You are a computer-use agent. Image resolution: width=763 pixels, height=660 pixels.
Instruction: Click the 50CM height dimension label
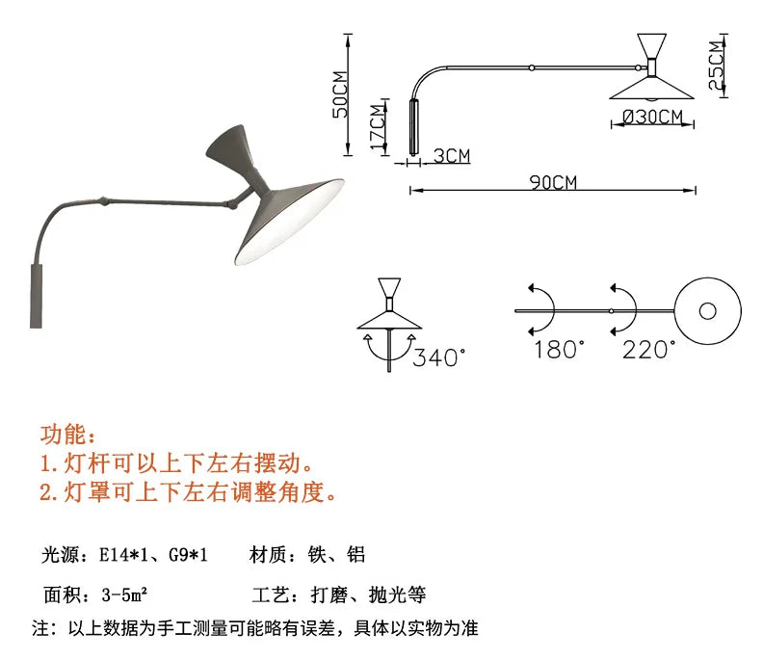(341, 94)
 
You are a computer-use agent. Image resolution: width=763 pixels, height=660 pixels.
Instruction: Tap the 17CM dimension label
(378, 127)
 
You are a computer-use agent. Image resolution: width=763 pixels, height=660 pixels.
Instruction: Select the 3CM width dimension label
(452, 156)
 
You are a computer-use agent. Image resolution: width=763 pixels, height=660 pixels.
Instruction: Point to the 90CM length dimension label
(553, 182)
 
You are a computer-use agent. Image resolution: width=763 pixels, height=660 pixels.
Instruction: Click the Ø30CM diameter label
(653, 117)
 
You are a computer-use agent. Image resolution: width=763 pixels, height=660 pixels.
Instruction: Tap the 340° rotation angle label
(439, 357)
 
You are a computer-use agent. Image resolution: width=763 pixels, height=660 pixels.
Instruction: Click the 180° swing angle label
(559, 350)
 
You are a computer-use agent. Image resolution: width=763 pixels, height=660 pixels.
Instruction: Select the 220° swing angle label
(648, 350)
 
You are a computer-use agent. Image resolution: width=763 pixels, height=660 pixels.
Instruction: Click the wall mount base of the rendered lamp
(36, 296)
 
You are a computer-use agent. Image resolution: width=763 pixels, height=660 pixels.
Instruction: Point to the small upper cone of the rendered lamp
(227, 146)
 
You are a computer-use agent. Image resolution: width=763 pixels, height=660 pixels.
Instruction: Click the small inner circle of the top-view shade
(707, 311)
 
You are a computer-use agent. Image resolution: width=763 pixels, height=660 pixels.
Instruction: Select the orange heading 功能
(67, 435)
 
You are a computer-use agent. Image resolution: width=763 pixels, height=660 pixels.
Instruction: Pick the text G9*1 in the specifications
(188, 555)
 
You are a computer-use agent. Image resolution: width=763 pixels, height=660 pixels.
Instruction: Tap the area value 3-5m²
(124, 594)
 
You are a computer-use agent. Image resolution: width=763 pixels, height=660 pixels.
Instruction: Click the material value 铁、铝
(336, 555)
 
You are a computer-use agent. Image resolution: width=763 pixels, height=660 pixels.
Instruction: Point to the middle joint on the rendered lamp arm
(104, 200)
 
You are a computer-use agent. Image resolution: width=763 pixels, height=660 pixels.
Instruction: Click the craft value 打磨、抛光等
(368, 594)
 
